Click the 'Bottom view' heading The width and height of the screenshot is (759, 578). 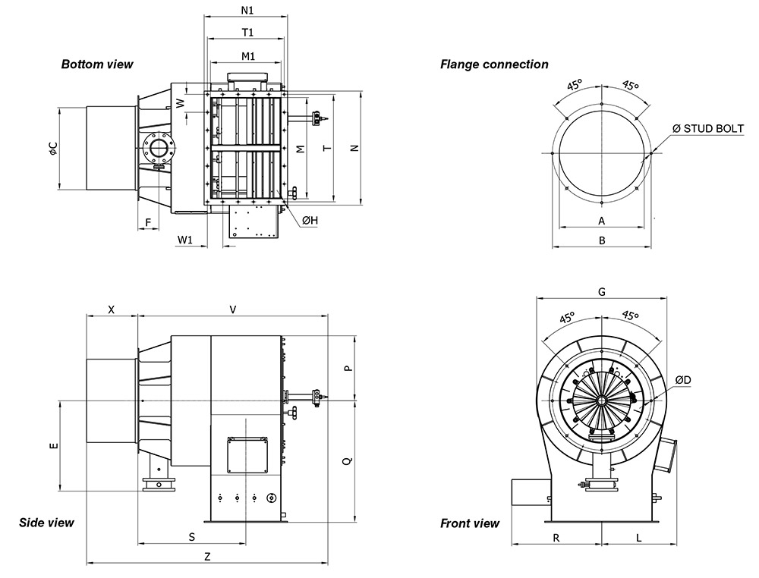pos(97,64)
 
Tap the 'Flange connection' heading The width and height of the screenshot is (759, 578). pos(494,64)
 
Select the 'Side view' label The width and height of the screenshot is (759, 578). pos(46,523)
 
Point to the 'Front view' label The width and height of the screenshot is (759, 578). pos(470,523)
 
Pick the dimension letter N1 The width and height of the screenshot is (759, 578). pos(247,11)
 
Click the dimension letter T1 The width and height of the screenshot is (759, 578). pos(247,33)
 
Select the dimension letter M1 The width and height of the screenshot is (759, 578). pos(247,56)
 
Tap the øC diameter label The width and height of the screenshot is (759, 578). pos(52,149)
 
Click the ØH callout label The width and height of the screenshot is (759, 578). pos(310,220)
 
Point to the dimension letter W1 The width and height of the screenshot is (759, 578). pos(185,240)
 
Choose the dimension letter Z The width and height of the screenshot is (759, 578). pos(207,556)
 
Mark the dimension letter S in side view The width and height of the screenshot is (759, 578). pos(192,536)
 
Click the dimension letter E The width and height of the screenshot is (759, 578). pos(52,446)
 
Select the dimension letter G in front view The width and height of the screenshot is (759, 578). pos(601,291)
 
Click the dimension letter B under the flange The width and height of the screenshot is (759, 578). pos(601,240)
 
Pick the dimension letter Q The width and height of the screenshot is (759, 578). pos(347,460)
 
